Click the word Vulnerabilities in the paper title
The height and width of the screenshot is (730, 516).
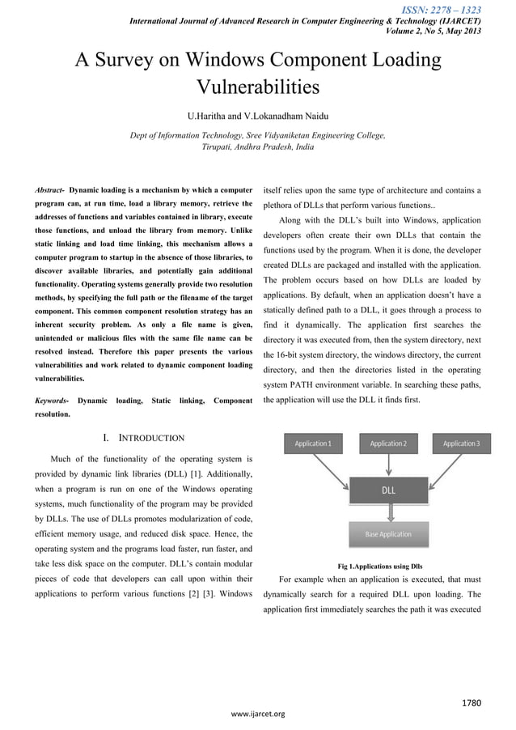pos(257,87)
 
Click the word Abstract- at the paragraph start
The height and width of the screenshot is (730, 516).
pos(50,189)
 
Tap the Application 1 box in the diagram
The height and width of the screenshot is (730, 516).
pos(312,444)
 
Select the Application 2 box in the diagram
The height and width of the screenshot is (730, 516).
pos(388,444)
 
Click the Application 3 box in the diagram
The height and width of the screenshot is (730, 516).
pos(460,444)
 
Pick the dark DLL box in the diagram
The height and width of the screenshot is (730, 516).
pos(388,490)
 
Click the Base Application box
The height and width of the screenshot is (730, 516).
pos(388,534)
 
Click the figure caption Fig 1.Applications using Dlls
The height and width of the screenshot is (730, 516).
pos(379,566)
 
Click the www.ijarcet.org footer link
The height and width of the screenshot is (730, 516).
pos(258,714)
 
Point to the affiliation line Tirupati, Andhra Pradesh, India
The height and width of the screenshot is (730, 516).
pos(257,148)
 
